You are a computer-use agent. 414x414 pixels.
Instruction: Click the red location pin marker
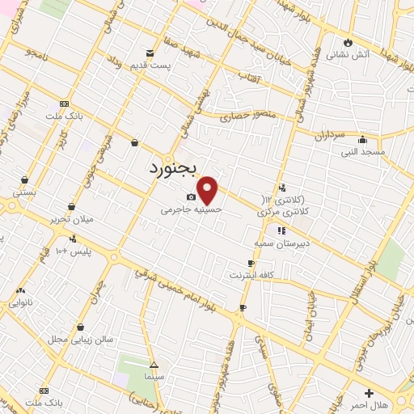209,190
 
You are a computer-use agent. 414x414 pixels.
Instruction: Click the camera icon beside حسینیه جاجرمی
191,197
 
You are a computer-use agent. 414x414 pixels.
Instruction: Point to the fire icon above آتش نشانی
349,42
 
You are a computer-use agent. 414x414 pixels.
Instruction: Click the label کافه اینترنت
273,276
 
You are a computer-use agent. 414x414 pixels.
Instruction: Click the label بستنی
23,192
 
